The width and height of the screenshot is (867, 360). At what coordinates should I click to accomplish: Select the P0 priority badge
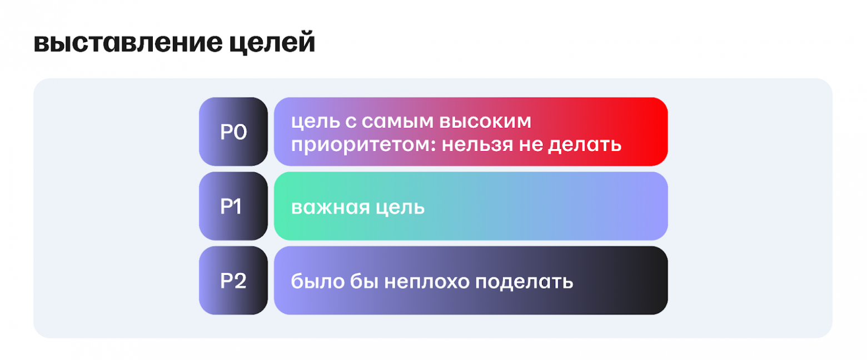pos(233,132)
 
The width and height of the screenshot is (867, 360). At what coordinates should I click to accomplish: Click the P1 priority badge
pos(233,206)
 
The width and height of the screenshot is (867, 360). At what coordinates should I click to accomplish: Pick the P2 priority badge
pos(233,281)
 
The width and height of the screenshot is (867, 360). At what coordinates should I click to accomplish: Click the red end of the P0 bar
pos(650,132)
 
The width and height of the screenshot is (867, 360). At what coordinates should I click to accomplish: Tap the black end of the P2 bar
pos(650,281)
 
